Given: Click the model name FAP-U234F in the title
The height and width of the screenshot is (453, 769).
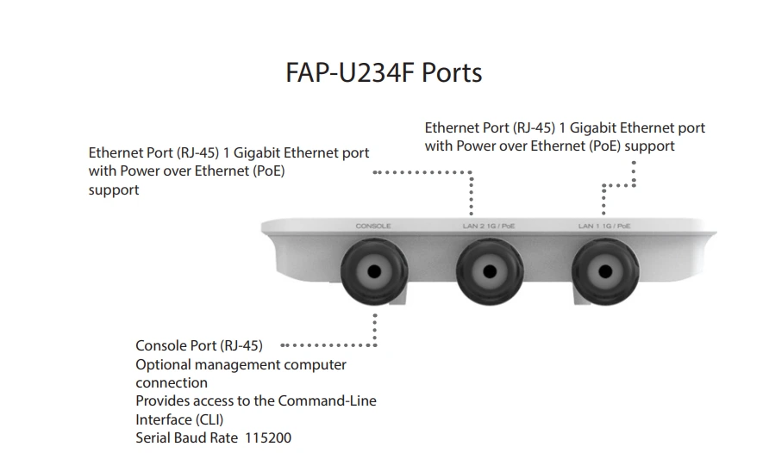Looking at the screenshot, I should pos(349,72).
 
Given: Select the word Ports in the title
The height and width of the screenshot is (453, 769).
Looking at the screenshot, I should pos(451,72).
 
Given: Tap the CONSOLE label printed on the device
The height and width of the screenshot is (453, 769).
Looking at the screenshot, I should pos(373,226).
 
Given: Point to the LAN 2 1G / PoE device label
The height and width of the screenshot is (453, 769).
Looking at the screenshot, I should pos(489,226).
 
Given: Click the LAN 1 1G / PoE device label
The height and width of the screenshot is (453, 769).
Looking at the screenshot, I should pos(604,226).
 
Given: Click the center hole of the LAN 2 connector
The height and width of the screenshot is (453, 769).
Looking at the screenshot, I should pos(489,271).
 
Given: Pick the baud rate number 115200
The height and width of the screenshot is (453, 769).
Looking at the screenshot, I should pos(266,438).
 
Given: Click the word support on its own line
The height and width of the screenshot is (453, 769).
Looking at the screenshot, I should pos(114,190).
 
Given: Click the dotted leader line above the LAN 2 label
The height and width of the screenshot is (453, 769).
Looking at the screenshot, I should pos(470,194).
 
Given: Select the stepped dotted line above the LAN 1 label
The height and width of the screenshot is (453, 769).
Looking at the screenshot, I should pos(619,185).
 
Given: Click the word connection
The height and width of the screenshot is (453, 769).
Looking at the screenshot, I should pos(172,383).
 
